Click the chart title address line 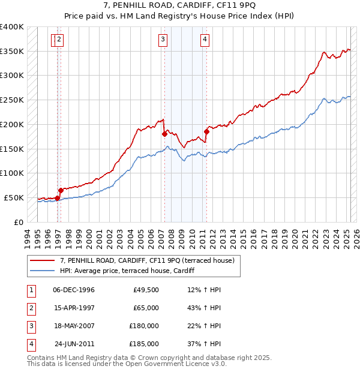click(180, 6)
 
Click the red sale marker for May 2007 click(164, 134)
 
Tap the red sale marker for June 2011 click(206, 131)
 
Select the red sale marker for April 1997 click(61, 190)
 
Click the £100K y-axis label click(12, 173)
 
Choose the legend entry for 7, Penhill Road click(149, 260)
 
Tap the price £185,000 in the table click(144, 344)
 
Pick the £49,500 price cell click(146, 290)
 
